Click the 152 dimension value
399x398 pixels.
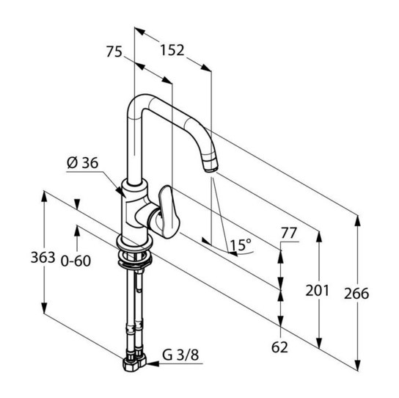tap(172, 50)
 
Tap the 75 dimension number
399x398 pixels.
tap(114, 51)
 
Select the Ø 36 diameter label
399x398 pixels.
tap(82, 163)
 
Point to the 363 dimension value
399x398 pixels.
tap(43, 257)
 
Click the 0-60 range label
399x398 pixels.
tap(76, 261)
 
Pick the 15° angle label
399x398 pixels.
tap(241, 245)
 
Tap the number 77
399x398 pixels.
tap(289, 233)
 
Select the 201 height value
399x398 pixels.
tap(318, 291)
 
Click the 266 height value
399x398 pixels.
tap(356, 294)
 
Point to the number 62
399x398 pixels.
tap(279, 347)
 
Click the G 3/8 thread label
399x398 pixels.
tap(180, 355)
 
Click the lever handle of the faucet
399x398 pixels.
tap(169, 212)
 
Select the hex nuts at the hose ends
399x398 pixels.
tap(135, 363)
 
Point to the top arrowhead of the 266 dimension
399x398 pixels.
tap(357, 221)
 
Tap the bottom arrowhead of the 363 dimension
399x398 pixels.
tap(44, 308)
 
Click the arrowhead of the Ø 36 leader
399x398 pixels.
tap(120, 192)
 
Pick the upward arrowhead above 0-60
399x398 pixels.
tap(77, 231)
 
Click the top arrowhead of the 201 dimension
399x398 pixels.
tap(319, 236)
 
